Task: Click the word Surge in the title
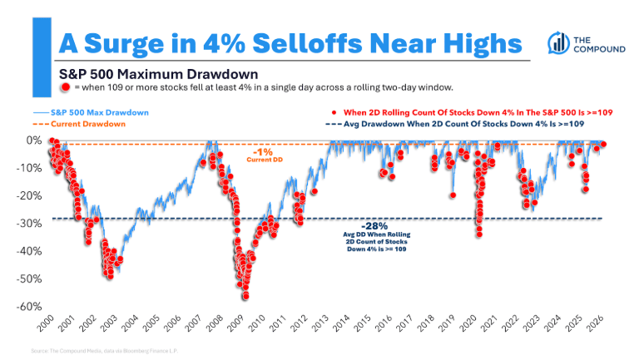132,42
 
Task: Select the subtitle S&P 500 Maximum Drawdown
153,73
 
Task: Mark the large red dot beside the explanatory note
65,86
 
